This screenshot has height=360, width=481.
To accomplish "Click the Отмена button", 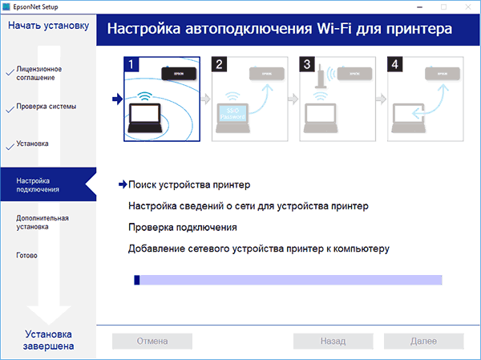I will [152, 341].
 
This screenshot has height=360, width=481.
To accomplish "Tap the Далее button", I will [423, 341].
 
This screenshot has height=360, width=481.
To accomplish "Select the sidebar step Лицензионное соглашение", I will [38, 73].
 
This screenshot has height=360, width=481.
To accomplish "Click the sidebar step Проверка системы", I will [46, 107].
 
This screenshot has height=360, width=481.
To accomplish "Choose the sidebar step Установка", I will [32, 144].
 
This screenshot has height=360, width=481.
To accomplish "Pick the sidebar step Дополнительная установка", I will [42, 222].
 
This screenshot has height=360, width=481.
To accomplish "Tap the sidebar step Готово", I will [26, 256].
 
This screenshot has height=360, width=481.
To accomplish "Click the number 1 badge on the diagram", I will [131, 63].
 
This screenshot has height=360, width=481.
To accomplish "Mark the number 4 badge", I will [395, 63].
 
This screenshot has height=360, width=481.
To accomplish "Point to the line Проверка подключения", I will [182, 228].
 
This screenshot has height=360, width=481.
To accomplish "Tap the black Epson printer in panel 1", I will [176, 72].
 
